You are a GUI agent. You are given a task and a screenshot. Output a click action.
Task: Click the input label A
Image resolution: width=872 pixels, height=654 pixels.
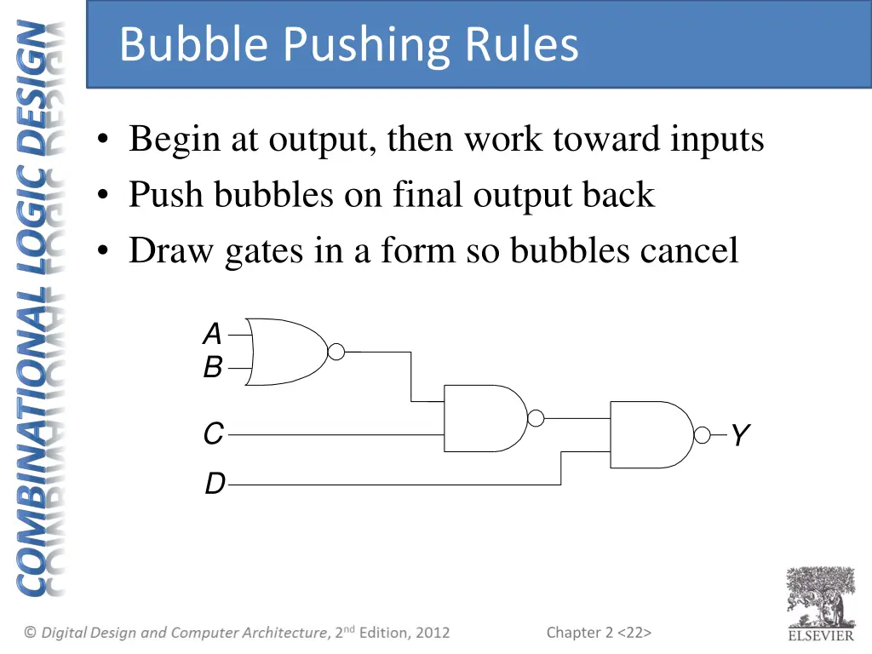point(212,335)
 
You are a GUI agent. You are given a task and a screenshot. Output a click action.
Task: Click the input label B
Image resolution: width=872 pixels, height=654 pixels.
point(213,368)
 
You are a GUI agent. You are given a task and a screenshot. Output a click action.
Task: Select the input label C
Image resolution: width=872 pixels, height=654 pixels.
point(213,434)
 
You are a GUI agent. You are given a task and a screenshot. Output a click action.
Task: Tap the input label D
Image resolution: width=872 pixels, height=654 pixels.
point(215,485)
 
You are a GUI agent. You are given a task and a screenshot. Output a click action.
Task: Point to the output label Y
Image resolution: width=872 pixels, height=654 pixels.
point(739,436)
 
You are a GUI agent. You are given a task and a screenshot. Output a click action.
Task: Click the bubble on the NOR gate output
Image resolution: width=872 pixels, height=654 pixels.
point(336,351)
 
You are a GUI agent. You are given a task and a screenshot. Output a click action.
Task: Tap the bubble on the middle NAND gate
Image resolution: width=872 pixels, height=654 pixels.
point(536,418)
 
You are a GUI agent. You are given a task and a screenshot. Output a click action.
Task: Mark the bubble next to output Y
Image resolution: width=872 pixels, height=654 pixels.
point(702,436)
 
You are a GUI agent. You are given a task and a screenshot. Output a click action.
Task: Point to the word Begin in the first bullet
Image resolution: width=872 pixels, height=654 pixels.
point(174,140)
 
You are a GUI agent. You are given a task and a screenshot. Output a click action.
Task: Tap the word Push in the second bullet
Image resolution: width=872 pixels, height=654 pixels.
point(166,195)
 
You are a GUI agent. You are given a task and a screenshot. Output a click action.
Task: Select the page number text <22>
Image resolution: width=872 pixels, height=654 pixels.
point(635,632)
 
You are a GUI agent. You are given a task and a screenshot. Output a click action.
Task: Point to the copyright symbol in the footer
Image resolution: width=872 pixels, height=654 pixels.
point(31,632)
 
